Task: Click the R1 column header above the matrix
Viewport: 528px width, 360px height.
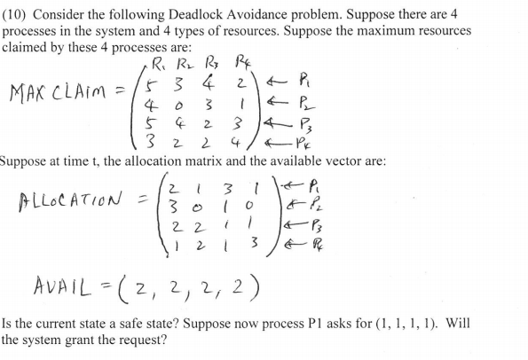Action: pos(160,63)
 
